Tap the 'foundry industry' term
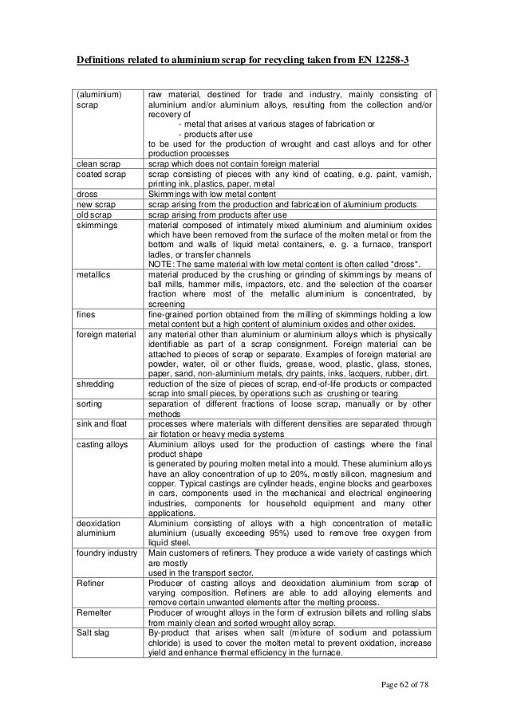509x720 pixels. [x=106, y=552]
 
